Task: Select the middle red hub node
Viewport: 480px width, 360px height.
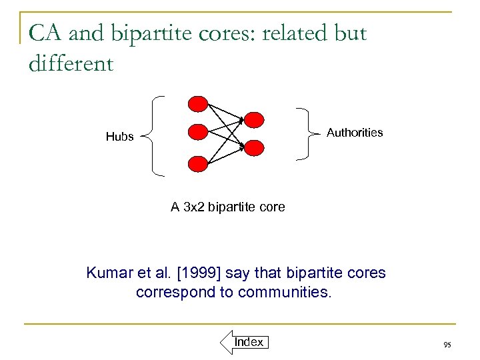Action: click(x=199, y=132)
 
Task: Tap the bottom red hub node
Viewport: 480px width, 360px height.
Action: click(x=199, y=163)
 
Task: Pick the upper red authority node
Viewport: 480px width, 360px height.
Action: click(x=254, y=119)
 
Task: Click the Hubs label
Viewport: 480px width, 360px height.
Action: click(x=120, y=137)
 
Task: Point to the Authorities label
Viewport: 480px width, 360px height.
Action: click(x=355, y=133)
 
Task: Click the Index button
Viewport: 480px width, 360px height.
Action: click(x=249, y=342)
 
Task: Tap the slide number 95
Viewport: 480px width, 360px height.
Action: click(x=447, y=345)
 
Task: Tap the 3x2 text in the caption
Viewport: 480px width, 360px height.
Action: click(x=193, y=207)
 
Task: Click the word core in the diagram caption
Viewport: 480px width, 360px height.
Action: click(x=271, y=207)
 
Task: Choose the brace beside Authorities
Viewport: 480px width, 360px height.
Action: click(x=307, y=133)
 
